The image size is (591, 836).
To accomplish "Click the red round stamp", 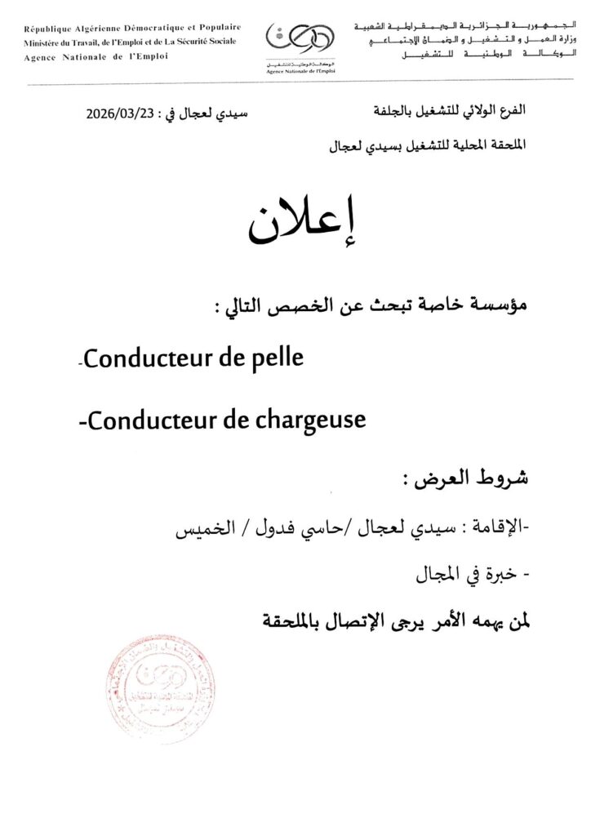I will point(161,690).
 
